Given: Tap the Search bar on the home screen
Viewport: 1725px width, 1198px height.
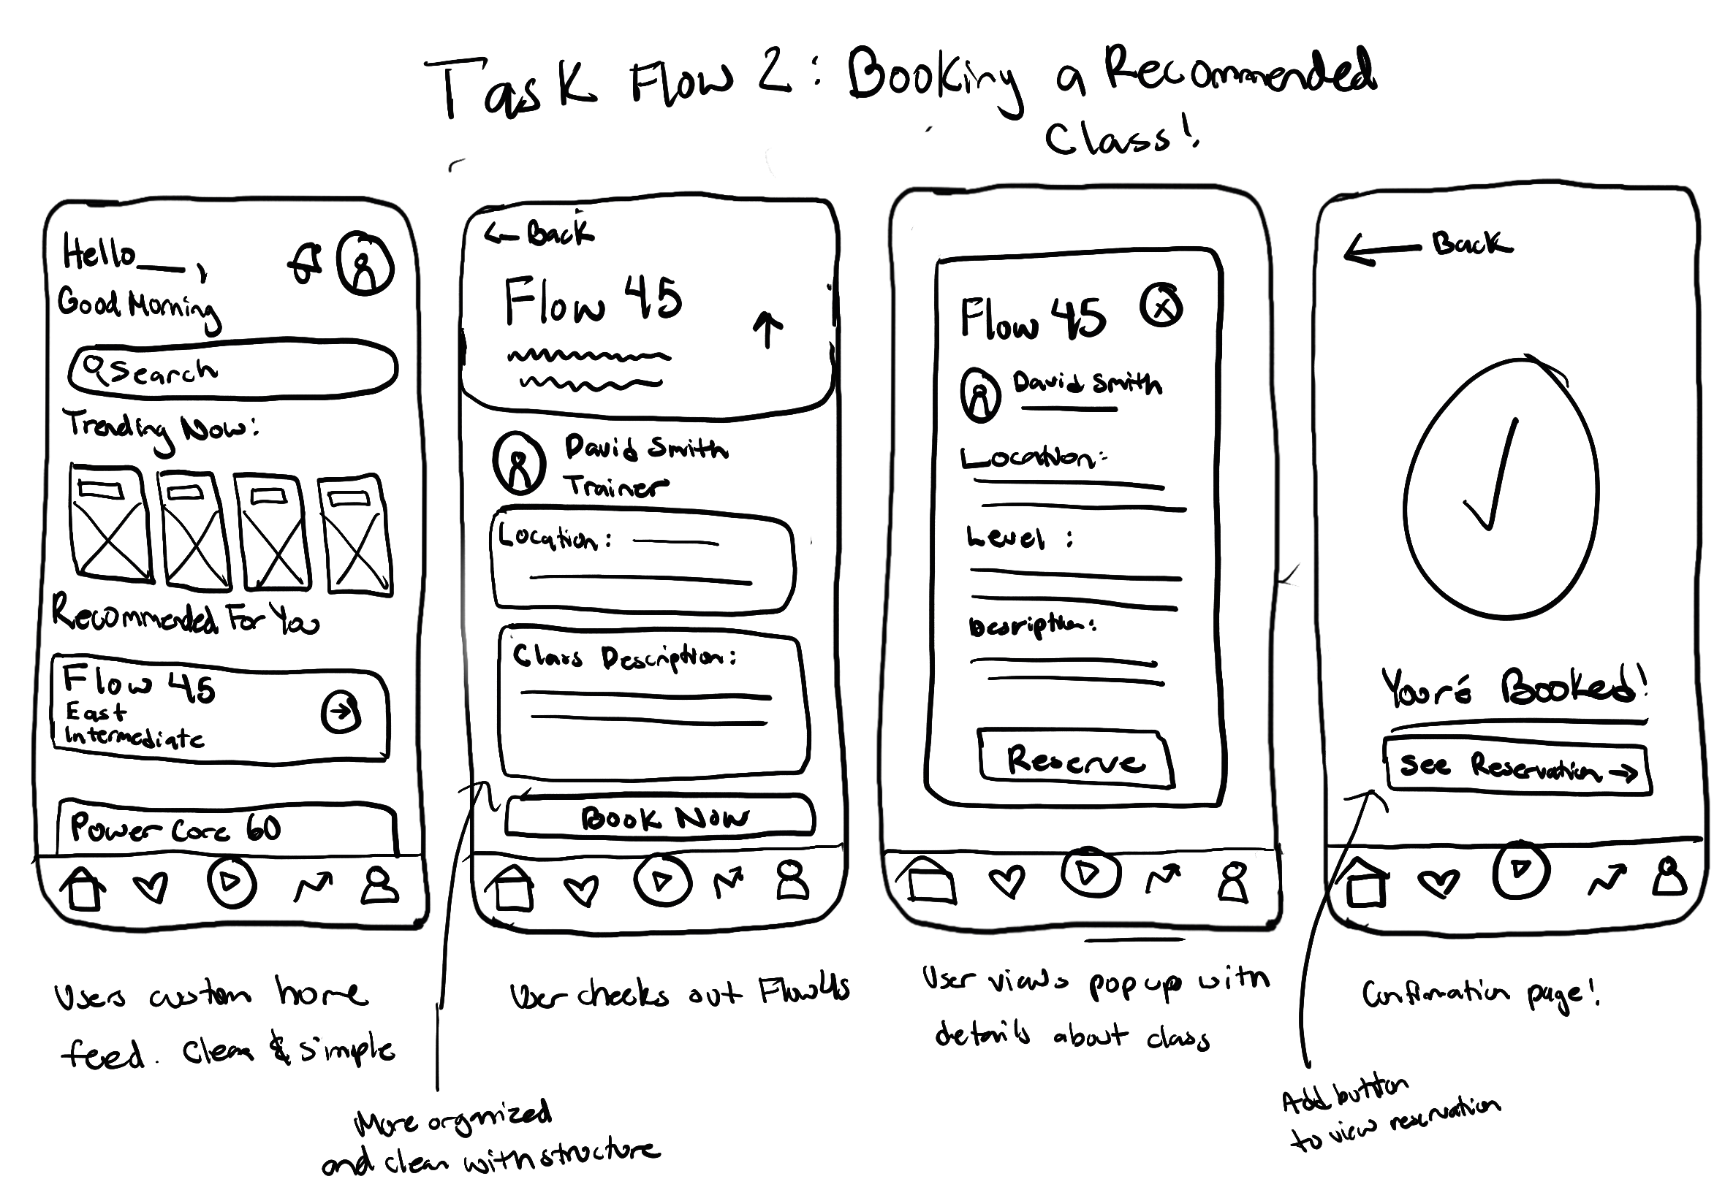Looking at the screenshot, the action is click(233, 370).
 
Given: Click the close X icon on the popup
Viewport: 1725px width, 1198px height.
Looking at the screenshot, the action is click(1161, 306).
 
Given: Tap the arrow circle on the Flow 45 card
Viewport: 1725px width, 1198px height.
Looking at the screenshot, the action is click(341, 711).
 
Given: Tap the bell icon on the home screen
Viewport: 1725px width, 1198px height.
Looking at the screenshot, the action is click(306, 264).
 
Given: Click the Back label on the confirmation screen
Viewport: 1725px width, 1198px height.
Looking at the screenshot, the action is click(1471, 244).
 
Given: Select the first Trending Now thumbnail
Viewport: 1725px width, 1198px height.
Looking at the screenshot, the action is click(110, 522).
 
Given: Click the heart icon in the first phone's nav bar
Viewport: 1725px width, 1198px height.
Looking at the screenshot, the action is click(151, 888).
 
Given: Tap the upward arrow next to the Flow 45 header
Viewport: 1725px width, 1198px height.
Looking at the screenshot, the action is click(767, 330).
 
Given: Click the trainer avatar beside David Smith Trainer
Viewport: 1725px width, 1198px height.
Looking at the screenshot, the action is click(519, 462).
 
